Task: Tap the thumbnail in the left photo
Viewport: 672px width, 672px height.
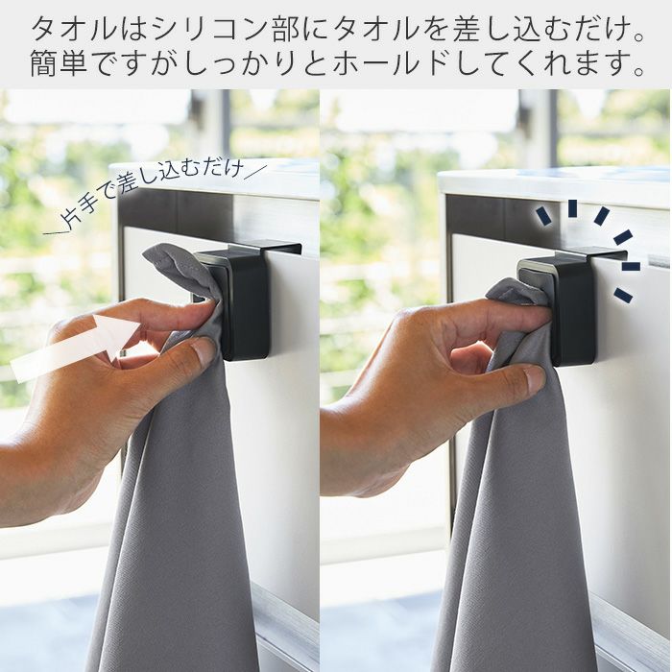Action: click(203, 349)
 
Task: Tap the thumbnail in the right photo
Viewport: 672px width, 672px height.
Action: click(534, 378)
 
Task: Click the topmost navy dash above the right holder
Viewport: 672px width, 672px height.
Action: click(572, 208)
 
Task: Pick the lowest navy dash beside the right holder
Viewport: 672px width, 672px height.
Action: click(623, 295)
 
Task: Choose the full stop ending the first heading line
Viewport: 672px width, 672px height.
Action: click(638, 38)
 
